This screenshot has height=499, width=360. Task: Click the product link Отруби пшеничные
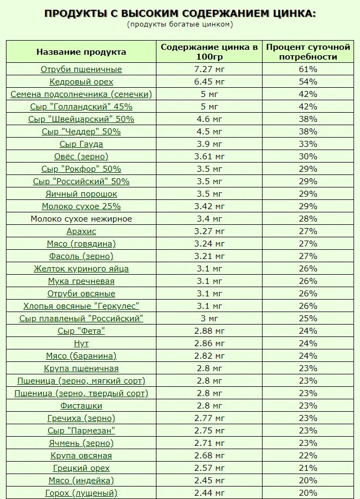[x=81, y=69]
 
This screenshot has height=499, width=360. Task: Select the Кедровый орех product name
[x=81, y=82]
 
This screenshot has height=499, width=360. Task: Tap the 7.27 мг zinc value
[x=208, y=69]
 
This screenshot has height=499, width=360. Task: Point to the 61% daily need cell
[x=308, y=69]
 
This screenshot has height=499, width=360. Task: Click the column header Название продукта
[x=81, y=52]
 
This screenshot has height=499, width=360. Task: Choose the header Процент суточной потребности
[x=308, y=52]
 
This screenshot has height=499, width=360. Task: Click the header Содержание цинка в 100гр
[x=208, y=52]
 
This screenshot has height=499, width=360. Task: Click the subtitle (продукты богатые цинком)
[x=180, y=24]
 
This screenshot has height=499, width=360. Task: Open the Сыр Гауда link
[x=81, y=144]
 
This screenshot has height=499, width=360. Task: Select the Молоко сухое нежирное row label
[x=81, y=219]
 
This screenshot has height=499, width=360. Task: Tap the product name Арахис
[x=81, y=231]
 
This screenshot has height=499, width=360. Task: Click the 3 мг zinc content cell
[x=208, y=319]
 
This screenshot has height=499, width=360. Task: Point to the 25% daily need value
[x=308, y=319]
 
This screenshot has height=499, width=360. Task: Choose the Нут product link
[x=81, y=344]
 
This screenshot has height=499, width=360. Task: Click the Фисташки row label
[x=81, y=406]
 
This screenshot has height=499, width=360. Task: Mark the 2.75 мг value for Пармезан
[x=208, y=431]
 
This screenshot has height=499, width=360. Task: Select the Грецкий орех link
[x=81, y=468]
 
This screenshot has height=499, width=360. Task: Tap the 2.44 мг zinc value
[x=208, y=493]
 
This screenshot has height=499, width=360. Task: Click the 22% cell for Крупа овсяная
[x=308, y=456]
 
